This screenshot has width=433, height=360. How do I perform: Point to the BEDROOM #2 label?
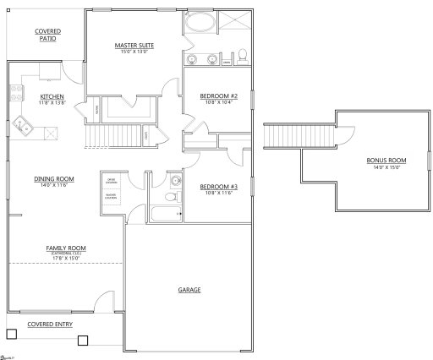(218, 96)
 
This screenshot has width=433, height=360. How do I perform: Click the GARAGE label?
(189, 290)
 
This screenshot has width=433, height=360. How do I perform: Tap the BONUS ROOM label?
(386, 161)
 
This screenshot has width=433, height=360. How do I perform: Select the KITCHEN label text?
(40, 96)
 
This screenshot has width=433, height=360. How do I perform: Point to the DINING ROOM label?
(53, 178)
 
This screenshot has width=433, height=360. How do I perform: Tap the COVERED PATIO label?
(47, 35)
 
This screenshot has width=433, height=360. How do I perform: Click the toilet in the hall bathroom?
(170, 196)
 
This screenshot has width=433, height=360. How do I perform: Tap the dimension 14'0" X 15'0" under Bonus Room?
(386, 167)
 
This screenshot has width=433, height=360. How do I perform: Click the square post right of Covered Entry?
(82, 341)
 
